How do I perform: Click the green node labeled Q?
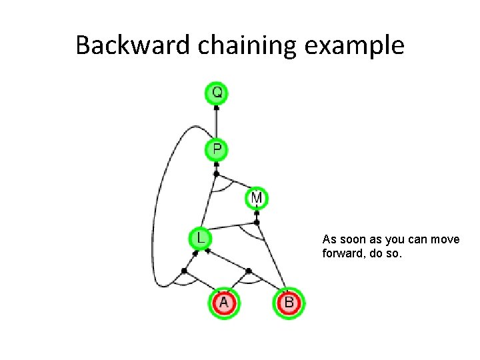[x=217, y=93]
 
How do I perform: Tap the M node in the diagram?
[x=257, y=198]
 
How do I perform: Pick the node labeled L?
[x=199, y=237]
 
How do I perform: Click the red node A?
[x=223, y=303]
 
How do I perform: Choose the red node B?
[x=289, y=303]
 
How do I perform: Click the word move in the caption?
[x=445, y=239]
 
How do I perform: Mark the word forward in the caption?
[x=342, y=254]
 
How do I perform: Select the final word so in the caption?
[x=395, y=254]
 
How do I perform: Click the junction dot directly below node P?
[x=216, y=174]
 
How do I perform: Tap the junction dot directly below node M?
[x=257, y=221]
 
